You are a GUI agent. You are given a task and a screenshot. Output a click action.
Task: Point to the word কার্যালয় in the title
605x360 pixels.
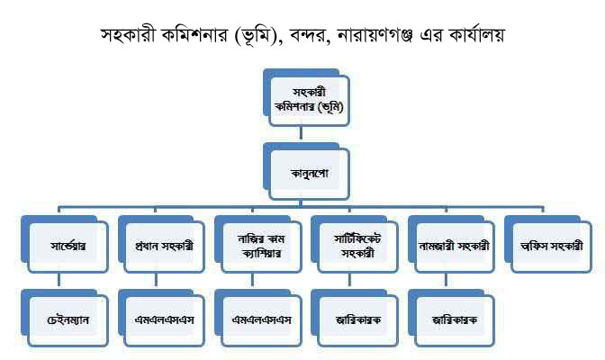point(476,35)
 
